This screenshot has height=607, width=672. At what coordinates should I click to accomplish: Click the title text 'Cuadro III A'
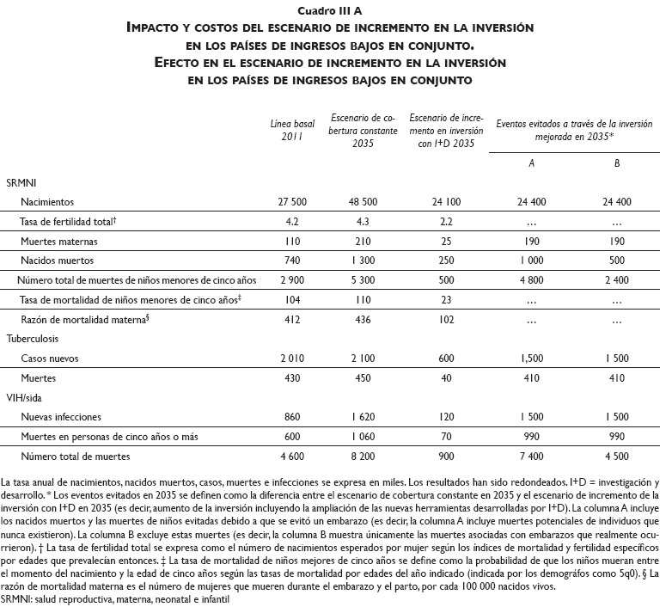(336, 9)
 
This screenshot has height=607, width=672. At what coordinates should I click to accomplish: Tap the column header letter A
(533, 162)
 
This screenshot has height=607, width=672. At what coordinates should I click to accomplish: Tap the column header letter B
(617, 162)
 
